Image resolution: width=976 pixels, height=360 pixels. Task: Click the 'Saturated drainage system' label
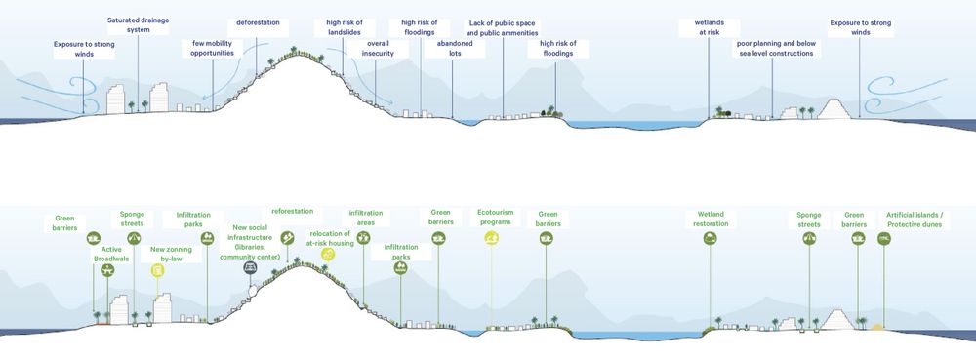coord(137,24)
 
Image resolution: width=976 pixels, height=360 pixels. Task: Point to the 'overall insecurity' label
coord(378,49)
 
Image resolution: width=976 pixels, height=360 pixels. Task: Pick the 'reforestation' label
coord(294,211)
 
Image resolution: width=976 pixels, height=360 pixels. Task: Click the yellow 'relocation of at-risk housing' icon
coord(328,255)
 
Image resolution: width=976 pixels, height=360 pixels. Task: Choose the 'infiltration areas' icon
coord(364,236)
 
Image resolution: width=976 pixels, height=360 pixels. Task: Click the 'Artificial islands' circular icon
coord(884,237)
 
